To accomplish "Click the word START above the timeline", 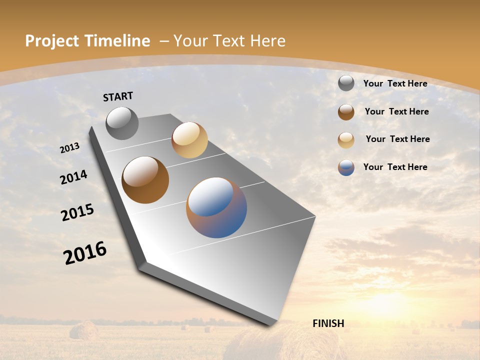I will (x=118, y=96).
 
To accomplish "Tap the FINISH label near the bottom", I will (x=328, y=323).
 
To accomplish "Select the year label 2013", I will (x=70, y=148).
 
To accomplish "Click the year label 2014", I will (x=73, y=177).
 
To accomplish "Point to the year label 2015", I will (x=77, y=212).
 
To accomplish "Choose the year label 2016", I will (x=85, y=252).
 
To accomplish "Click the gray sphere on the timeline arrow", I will (x=122, y=123).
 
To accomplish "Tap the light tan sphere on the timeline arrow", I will (x=189, y=140).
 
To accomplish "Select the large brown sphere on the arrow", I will (x=145, y=180).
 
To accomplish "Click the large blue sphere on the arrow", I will (x=216, y=207).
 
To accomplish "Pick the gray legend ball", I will (x=346, y=83).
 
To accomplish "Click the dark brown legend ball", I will (x=346, y=112).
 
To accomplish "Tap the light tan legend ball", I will (x=346, y=140).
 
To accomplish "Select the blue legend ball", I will (x=346, y=167).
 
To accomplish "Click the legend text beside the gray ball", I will (x=395, y=83).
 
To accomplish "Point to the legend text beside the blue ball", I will (x=395, y=167).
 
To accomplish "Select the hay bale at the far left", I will (x=83, y=330).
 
